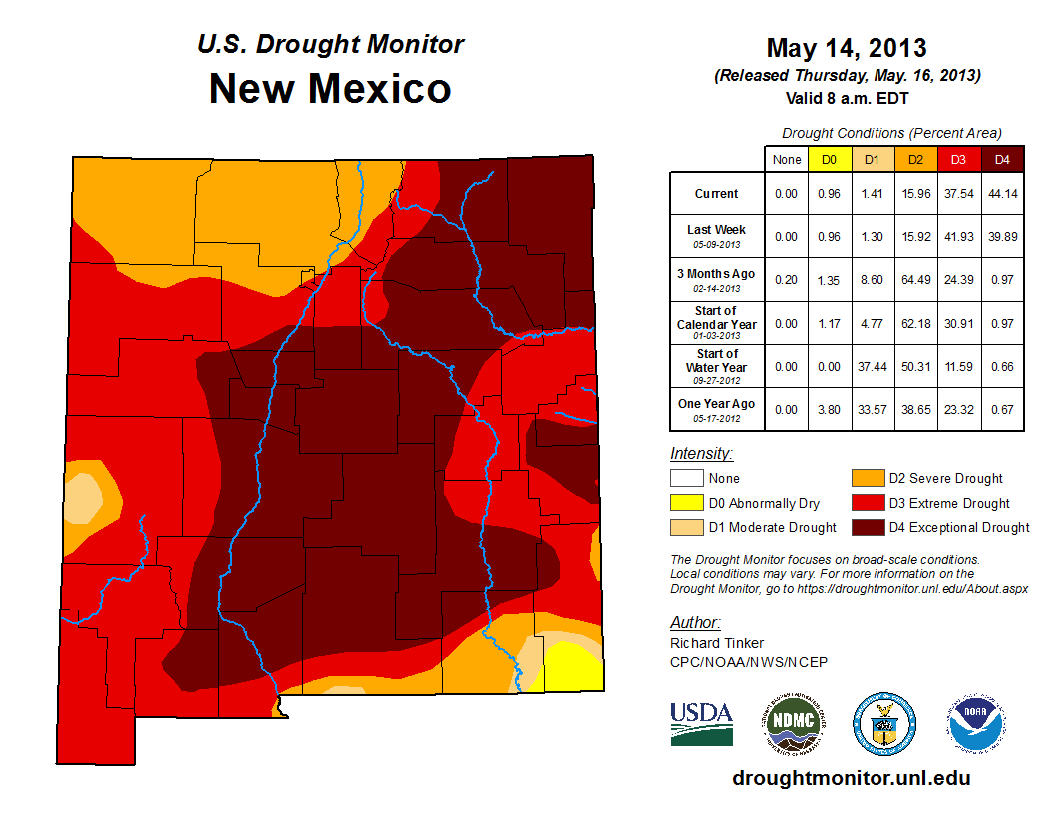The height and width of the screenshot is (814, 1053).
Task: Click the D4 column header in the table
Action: pos(1002,159)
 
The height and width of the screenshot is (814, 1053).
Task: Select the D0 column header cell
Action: pos(828,159)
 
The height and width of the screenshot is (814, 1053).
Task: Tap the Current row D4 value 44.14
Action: pos(1002,194)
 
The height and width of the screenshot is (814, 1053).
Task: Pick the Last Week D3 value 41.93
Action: pos(958,236)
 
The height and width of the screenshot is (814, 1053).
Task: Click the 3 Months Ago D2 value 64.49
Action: pos(915,281)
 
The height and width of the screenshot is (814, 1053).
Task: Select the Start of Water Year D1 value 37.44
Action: pos(872,367)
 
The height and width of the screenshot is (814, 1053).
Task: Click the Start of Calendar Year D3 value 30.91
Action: pos(958,324)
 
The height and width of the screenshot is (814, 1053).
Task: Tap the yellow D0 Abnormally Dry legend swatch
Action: pos(686,503)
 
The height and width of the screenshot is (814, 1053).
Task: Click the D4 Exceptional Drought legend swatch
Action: pos(867,527)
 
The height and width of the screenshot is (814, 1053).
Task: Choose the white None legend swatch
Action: pos(686,479)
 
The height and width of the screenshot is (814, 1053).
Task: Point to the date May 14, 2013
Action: pos(847,48)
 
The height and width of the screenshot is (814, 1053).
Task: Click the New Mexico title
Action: pos(330,89)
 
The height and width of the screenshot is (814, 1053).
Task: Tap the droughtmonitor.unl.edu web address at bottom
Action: pos(851,778)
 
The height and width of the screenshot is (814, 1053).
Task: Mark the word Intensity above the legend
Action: pos(701,453)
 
